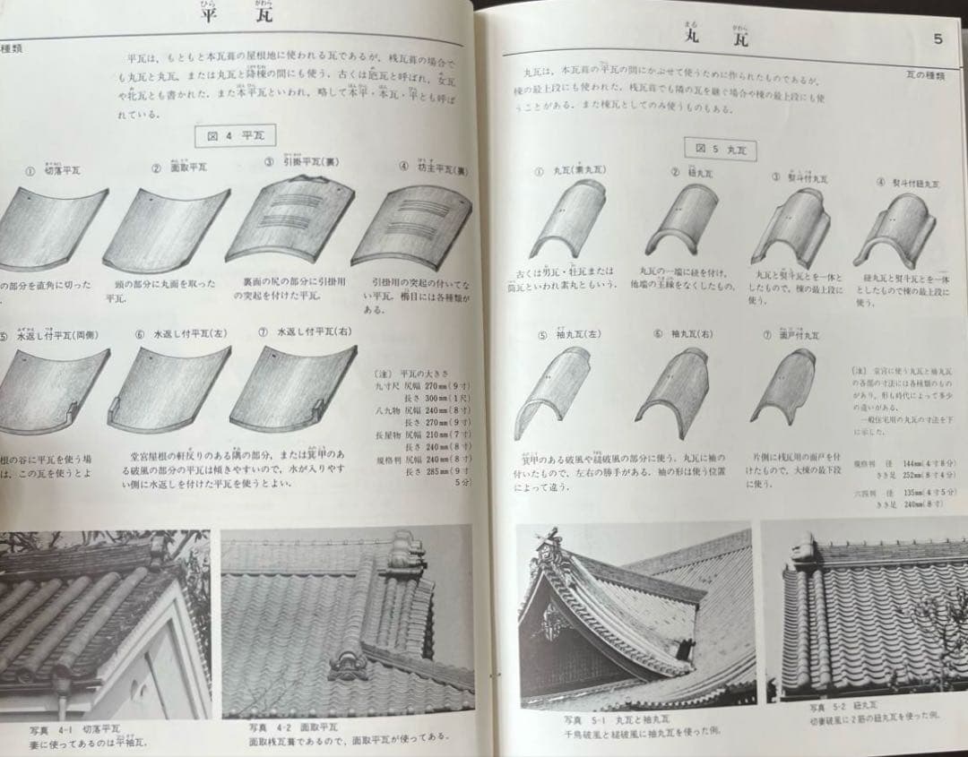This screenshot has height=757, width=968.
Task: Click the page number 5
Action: pyautogui.click(x=937, y=39)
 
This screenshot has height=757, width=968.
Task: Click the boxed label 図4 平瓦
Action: pyautogui.click(x=236, y=137)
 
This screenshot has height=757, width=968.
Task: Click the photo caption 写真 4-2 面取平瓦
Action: pyautogui.click(x=295, y=728)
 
